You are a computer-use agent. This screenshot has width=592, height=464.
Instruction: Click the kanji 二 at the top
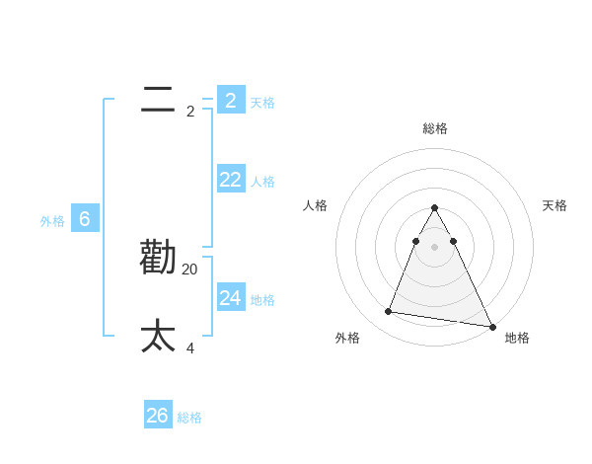click(x=158, y=100)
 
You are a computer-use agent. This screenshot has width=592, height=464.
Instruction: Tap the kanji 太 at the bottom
click(x=158, y=337)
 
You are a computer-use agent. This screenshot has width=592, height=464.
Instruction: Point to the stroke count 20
click(x=190, y=269)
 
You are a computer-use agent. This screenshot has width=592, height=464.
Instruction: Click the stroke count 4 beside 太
click(x=190, y=348)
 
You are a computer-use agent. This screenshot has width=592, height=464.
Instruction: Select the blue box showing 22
click(x=231, y=179)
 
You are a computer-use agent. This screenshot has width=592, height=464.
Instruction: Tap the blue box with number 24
click(x=231, y=297)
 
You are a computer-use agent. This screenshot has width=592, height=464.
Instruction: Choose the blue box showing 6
click(x=85, y=219)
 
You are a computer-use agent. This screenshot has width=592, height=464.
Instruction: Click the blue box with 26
click(x=158, y=416)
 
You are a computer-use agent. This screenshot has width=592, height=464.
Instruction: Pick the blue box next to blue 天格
click(x=231, y=100)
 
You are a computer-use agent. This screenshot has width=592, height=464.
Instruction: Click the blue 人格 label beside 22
click(x=262, y=182)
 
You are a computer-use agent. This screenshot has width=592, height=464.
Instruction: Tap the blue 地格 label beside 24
click(x=262, y=300)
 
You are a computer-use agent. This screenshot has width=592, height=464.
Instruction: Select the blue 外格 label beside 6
click(x=52, y=222)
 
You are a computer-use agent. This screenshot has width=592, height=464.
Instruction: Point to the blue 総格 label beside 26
click(x=189, y=419)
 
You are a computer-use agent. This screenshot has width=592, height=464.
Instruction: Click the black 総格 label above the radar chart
click(x=435, y=128)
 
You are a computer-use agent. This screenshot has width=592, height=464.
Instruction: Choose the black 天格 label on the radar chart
click(x=555, y=205)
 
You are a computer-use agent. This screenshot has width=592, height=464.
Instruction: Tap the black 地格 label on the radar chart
click(x=517, y=339)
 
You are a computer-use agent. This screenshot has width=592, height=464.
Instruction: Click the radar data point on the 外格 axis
click(x=389, y=312)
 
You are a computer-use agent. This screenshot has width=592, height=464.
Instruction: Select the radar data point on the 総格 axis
click(x=434, y=208)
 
